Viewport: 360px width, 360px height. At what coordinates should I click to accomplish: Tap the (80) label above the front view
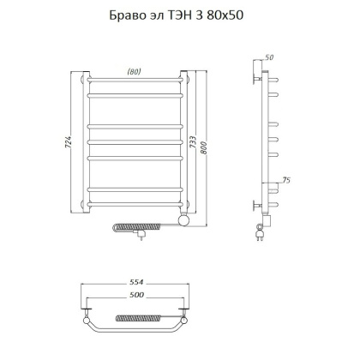coord(134,71)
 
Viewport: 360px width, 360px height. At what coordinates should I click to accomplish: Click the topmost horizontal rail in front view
coord(134,84)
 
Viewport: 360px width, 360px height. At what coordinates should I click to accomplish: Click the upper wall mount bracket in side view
coord(255,75)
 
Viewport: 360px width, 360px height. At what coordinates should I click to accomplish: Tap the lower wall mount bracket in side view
coord(255,206)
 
